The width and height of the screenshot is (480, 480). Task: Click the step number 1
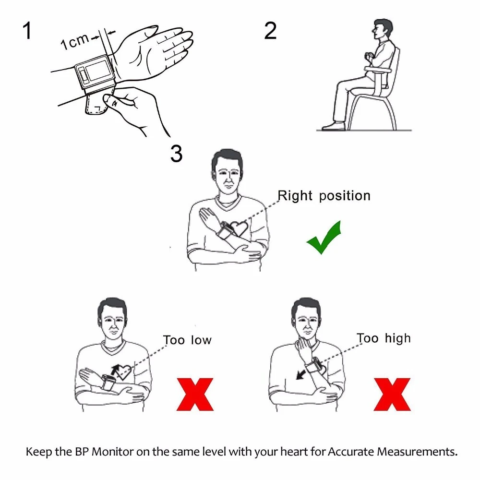coord(27,31)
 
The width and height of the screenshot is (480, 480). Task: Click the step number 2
coord(270,31)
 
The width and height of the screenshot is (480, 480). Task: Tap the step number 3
coord(176,153)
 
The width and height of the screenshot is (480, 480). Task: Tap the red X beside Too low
coord(194,394)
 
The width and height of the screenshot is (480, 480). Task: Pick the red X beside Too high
coord(392,394)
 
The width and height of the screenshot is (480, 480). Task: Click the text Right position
coord(324,196)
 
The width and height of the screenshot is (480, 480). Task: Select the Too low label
coord(187,340)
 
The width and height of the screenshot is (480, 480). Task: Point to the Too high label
coord(384,338)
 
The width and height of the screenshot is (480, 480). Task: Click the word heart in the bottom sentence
coord(276,452)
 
